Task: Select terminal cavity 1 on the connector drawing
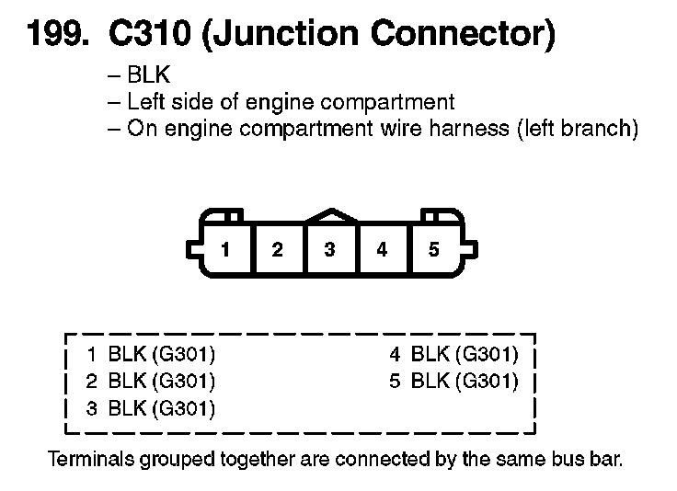(x=224, y=249)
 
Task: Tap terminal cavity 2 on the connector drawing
(x=277, y=249)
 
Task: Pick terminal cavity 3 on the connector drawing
(x=329, y=249)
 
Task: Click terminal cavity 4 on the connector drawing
(x=382, y=249)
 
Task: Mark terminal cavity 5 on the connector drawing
(x=434, y=249)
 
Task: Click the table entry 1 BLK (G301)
(x=151, y=353)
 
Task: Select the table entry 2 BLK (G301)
(x=151, y=381)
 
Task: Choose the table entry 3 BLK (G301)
(x=151, y=408)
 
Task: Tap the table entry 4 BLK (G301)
(x=453, y=353)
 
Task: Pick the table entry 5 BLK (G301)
(x=453, y=381)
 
